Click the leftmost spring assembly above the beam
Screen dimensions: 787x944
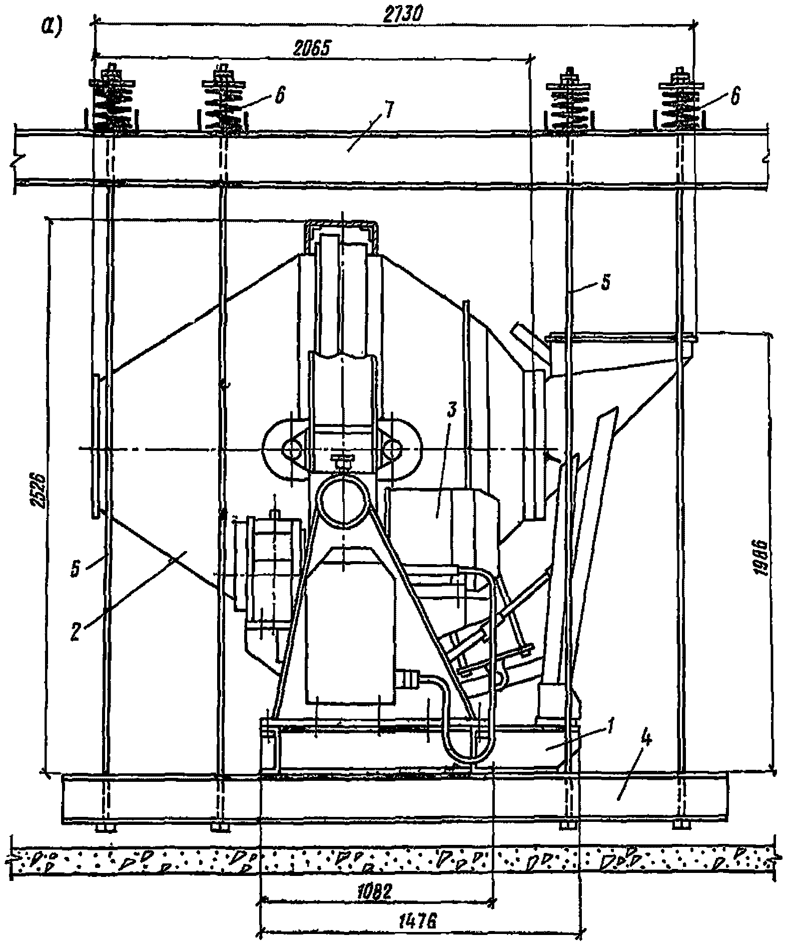coord(112,103)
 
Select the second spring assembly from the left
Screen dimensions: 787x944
coord(223,103)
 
